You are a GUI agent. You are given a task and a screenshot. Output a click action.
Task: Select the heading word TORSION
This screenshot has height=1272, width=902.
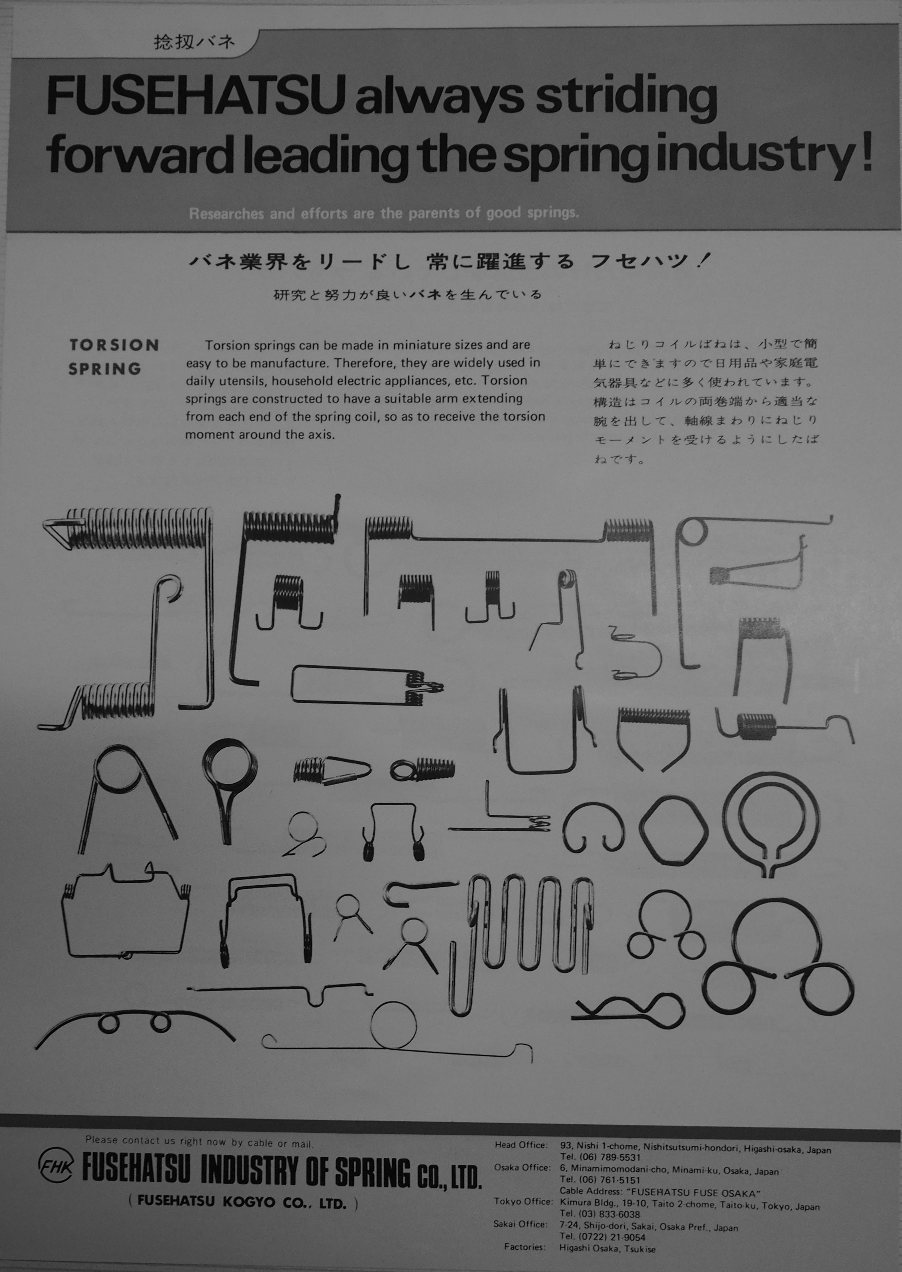click(x=114, y=345)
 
